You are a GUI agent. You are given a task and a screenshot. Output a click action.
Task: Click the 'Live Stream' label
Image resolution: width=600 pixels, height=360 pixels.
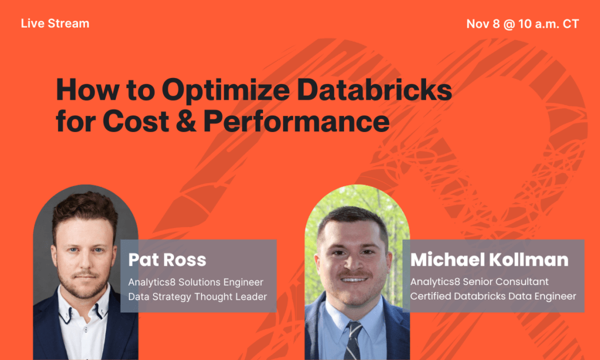point(55,24)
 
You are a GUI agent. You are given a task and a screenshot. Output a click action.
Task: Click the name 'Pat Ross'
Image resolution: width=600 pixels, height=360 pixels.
point(167,260)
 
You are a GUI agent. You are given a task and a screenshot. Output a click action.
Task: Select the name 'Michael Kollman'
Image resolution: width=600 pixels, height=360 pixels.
point(489,260)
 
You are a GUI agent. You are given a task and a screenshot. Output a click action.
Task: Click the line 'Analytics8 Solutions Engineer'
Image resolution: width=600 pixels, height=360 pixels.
point(196,282)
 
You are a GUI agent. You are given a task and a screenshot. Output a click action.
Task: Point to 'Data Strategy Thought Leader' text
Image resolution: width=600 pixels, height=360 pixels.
point(197,297)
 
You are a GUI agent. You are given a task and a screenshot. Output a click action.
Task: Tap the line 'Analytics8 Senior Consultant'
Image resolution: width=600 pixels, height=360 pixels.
point(479,281)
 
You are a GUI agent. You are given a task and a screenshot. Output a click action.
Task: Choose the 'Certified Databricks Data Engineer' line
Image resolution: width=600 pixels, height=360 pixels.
point(493,296)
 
